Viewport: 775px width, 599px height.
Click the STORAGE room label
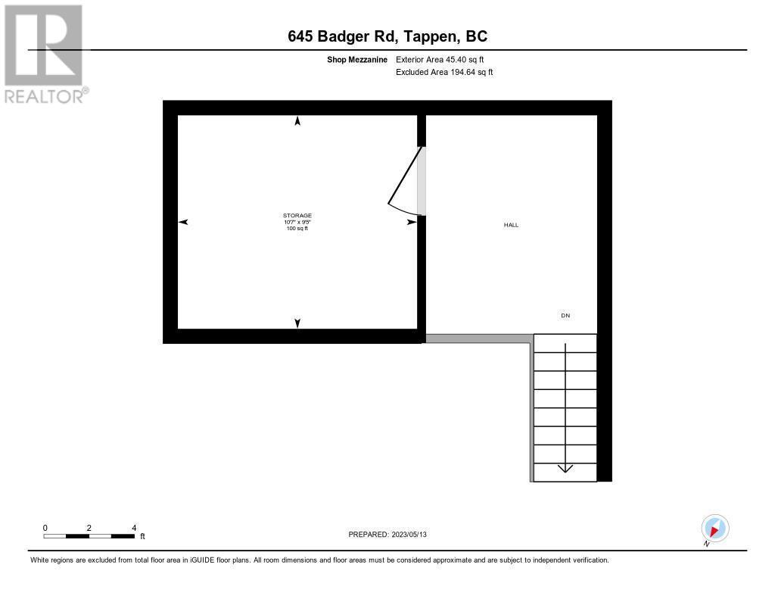[x=297, y=216]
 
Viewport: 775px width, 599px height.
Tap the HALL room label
[x=512, y=225]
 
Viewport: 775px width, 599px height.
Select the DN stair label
[x=565, y=315]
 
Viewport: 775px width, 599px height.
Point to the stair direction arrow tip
[x=565, y=470]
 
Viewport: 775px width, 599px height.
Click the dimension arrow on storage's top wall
[x=297, y=121]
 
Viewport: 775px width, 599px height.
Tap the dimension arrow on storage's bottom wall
[x=297, y=323]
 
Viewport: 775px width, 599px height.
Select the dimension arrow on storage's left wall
[x=183, y=222]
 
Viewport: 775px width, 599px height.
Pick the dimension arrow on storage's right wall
[x=412, y=222]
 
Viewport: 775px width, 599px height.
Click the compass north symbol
[x=714, y=529]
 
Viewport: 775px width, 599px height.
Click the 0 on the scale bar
[x=45, y=528]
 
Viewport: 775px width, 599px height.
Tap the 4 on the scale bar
[x=134, y=528]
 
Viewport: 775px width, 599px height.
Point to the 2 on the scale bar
[x=89, y=528]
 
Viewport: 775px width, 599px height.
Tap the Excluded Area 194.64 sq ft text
[x=445, y=73]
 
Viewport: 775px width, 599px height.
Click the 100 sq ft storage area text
[x=297, y=228]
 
